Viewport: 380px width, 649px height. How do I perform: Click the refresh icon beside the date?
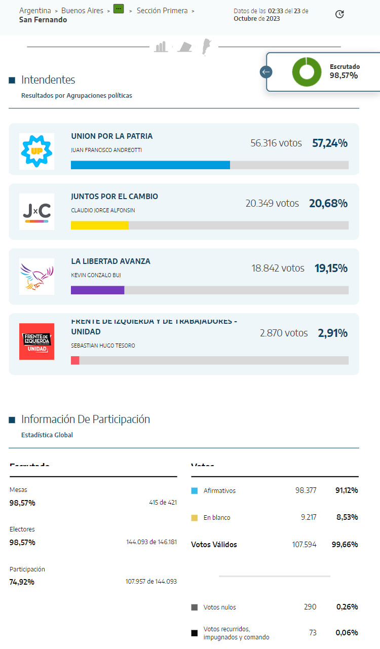339,14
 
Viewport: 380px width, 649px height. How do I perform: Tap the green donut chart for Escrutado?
307,72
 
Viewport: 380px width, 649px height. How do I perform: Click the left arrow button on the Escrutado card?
266,72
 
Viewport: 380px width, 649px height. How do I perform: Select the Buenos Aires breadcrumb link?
82,11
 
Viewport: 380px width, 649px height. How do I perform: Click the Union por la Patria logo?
36,151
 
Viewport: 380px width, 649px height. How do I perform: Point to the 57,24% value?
330,143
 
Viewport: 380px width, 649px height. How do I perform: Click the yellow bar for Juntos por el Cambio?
100,225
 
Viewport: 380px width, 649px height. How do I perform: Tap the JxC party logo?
36,211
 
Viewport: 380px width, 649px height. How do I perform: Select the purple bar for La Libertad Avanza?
98,290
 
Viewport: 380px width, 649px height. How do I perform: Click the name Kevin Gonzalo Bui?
96,275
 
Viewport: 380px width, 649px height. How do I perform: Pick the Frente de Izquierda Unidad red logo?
36,341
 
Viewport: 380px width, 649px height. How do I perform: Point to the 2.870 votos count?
284,333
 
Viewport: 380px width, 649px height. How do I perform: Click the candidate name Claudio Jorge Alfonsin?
103,210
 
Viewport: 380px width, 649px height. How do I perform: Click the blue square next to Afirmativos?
195,491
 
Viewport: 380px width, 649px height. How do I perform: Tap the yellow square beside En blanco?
195,518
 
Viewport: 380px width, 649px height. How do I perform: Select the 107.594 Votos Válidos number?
304,545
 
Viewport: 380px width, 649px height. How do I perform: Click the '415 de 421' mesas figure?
163,503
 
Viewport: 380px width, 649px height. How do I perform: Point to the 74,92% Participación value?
22,582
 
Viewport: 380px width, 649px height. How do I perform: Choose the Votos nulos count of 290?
310,607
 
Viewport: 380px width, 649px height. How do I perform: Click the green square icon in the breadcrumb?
119,9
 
